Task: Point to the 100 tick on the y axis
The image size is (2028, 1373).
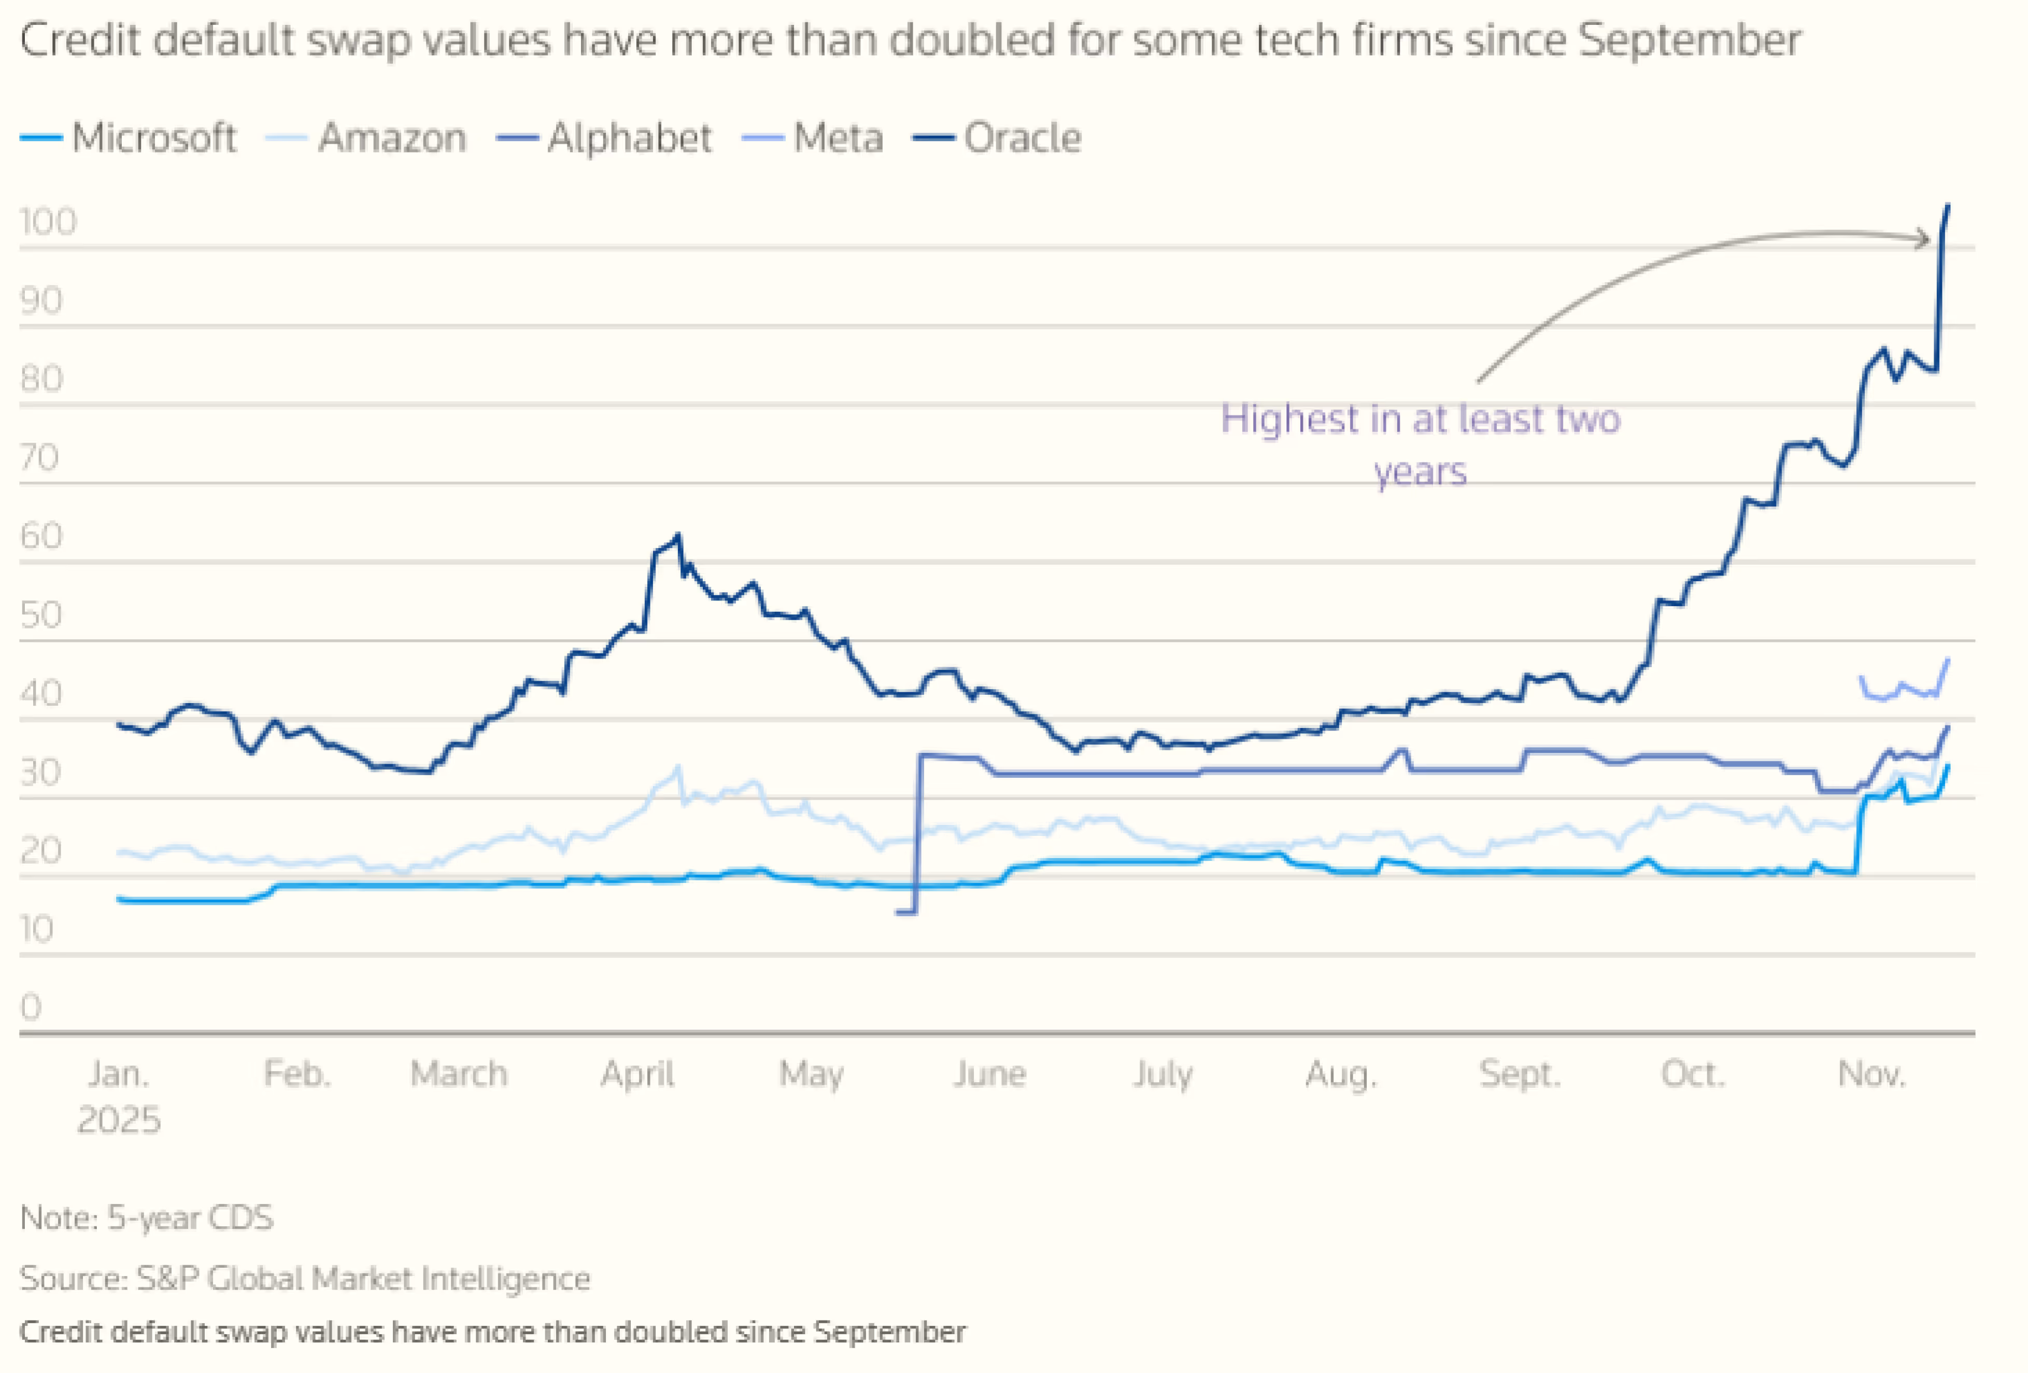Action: pos(48,222)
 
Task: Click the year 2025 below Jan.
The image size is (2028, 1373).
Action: pos(119,1120)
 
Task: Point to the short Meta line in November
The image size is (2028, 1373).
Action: pos(1903,690)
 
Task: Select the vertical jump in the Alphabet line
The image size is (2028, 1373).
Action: pos(917,829)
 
